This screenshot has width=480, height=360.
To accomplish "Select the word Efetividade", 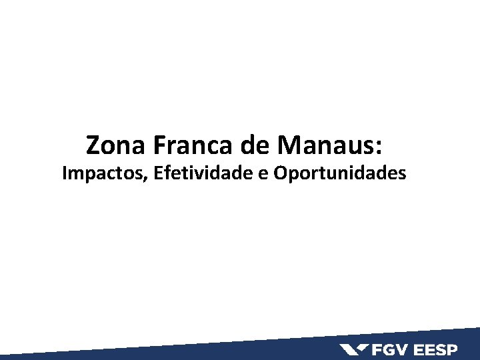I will point(203,173).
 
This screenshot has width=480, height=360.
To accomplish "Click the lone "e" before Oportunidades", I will point(263,175).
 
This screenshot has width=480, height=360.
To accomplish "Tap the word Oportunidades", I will point(340,174).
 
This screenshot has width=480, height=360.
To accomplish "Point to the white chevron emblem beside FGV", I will point(354,349).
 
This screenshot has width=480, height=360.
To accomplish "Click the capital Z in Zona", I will point(93,144).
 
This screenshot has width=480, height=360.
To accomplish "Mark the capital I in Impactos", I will point(65,173).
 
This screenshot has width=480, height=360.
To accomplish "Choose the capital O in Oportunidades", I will point(281,173).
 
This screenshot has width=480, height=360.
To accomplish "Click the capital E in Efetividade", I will point(157,173).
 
